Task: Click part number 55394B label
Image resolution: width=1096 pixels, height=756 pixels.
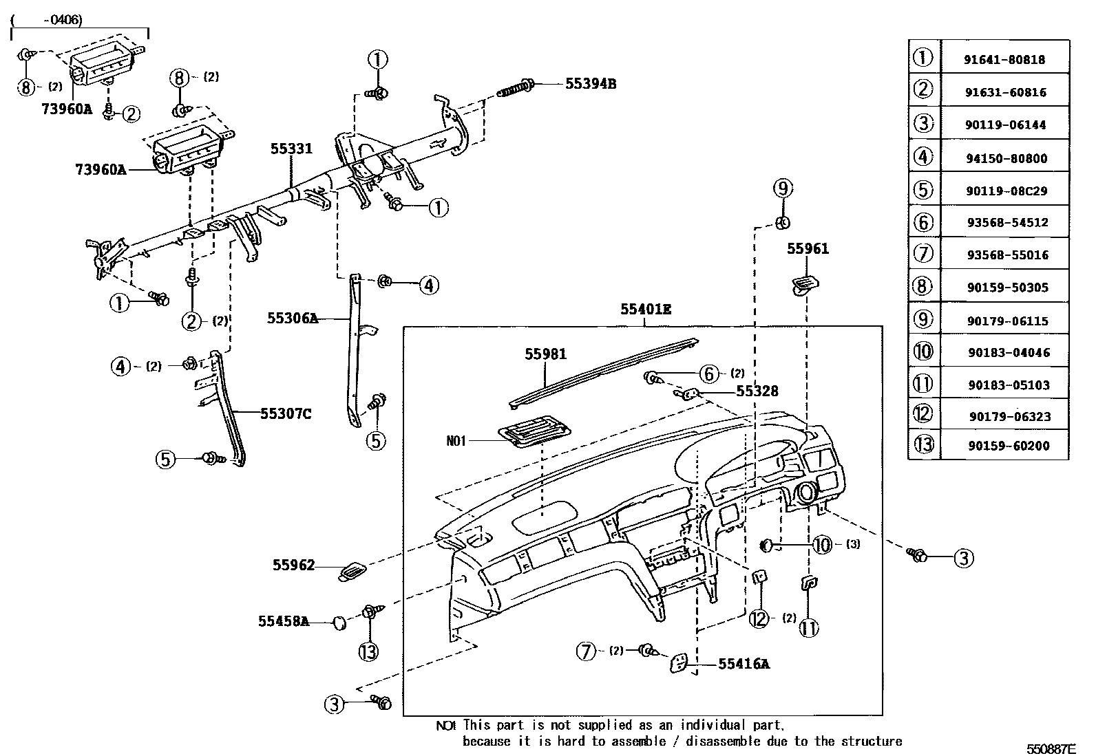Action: click(590, 84)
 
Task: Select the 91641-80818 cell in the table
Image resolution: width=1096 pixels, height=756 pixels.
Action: click(1004, 59)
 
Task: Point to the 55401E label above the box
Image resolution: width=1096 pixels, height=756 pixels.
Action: click(645, 310)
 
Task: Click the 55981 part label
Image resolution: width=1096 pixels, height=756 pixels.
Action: click(545, 354)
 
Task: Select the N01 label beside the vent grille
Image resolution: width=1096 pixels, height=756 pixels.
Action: click(456, 440)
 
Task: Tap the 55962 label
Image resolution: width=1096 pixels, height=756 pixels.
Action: click(293, 565)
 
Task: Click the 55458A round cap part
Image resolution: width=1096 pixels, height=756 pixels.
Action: click(339, 623)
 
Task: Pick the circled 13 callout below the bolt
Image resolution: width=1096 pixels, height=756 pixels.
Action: click(369, 651)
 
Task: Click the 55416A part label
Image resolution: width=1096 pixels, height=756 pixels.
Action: click(744, 664)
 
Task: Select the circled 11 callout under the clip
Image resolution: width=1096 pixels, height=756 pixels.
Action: click(810, 627)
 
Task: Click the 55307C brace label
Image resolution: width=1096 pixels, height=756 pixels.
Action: click(286, 413)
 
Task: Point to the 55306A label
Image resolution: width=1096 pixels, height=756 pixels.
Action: click(293, 318)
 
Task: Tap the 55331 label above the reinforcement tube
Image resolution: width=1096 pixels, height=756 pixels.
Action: click(291, 149)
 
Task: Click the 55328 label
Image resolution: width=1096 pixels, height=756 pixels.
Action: click(757, 391)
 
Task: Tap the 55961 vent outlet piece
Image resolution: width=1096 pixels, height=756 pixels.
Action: click(805, 283)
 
